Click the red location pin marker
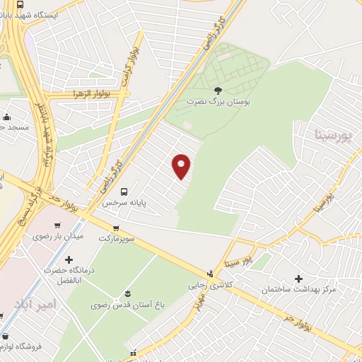click(x=182, y=166)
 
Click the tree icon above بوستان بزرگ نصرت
click(x=218, y=90)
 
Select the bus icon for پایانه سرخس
click(x=124, y=191)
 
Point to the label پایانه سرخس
click(x=124, y=202)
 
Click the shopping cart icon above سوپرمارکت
click(x=116, y=228)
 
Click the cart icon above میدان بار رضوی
click(x=57, y=225)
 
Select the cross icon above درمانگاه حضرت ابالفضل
click(x=69, y=259)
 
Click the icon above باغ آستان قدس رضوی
click(x=127, y=293)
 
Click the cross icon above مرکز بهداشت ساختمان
click(x=298, y=279)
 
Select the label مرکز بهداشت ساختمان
click(x=298, y=290)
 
